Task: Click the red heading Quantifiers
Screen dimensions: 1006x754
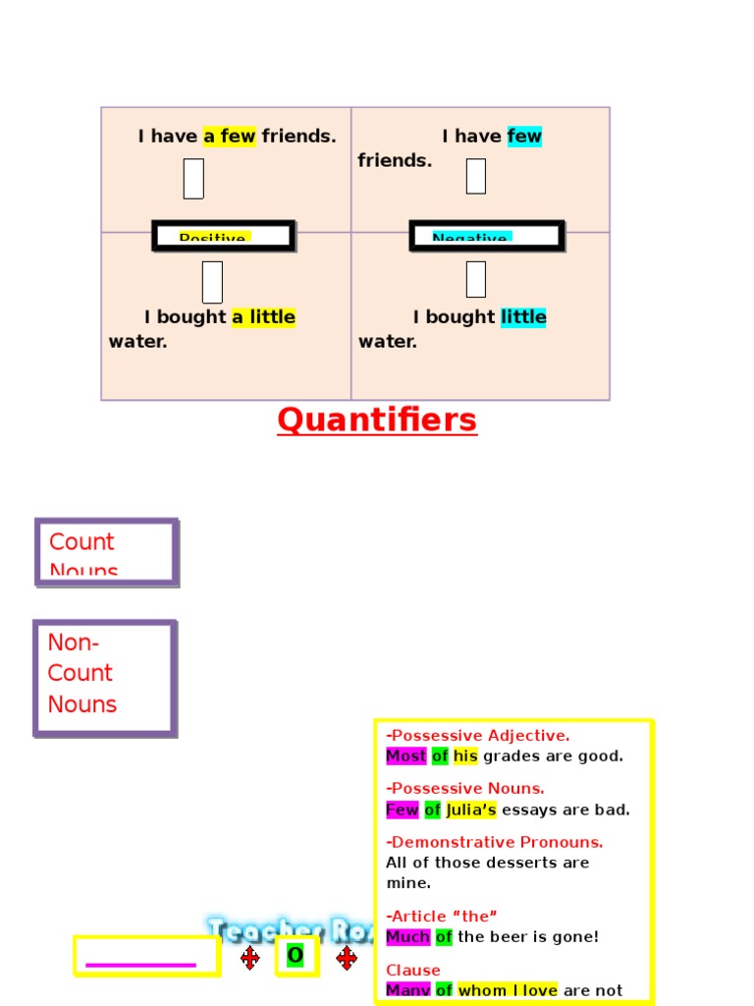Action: (377, 420)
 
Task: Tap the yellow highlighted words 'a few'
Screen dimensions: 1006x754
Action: (230, 137)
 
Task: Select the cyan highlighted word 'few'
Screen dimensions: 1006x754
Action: (524, 137)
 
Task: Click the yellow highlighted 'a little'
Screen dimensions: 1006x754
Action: (263, 317)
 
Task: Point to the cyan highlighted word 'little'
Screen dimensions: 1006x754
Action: (523, 317)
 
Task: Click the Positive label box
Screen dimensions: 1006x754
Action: (223, 236)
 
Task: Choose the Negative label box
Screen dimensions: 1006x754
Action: (486, 236)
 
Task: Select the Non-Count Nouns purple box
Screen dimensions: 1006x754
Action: (105, 677)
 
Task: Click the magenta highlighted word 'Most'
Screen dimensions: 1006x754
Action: (406, 756)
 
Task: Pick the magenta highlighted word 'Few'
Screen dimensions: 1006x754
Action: (403, 810)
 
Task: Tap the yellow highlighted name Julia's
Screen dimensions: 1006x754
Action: (471, 810)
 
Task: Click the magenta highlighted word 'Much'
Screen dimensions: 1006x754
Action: (408, 937)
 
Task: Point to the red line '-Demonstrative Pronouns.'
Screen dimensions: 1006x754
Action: (495, 842)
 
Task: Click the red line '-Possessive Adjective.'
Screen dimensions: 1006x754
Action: (478, 736)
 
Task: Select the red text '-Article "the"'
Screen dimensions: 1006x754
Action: (442, 917)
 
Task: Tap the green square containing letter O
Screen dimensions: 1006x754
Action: (296, 956)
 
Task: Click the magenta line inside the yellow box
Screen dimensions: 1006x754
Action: (141, 965)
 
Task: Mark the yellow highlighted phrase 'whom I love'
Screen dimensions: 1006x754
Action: (508, 990)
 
